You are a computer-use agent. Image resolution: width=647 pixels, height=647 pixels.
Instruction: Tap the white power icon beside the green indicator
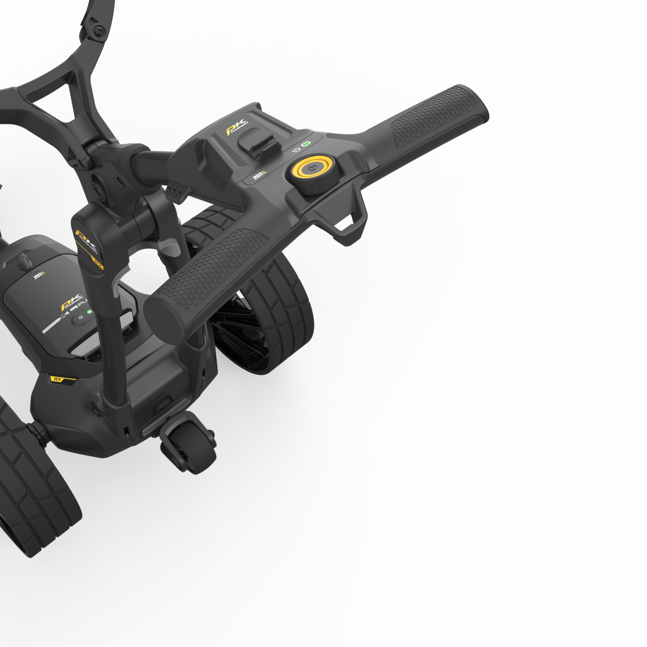(296, 150)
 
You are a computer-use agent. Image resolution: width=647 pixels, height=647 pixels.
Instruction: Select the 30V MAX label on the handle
(259, 175)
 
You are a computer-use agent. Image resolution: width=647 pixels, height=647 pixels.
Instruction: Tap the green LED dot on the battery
(90, 312)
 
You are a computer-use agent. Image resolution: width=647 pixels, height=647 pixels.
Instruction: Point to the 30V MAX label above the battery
(39, 276)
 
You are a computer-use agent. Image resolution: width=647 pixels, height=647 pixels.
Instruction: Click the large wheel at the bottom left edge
(32, 477)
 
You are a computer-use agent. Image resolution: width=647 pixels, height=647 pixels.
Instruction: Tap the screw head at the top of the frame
(99, 31)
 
